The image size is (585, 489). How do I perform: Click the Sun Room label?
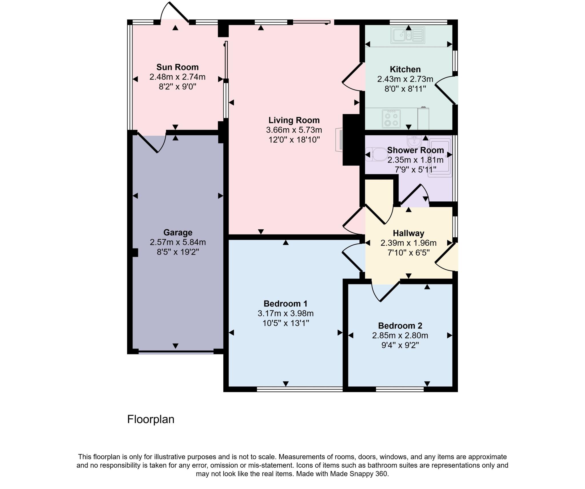177,67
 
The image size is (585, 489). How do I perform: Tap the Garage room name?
178,233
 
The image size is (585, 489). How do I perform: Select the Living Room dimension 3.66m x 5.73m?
294,130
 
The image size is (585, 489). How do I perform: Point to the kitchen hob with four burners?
391,119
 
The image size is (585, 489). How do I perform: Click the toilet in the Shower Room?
376,155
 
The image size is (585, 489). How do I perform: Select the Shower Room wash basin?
414,141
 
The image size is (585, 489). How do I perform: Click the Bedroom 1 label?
285,303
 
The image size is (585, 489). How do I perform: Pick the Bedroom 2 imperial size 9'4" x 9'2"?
400,345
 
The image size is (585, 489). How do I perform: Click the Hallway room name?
408,233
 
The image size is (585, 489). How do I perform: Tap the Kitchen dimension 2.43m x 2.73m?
405,79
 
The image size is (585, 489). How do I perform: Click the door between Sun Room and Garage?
151,142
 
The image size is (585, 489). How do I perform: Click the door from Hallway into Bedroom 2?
386,291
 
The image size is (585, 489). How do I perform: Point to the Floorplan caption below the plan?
151,419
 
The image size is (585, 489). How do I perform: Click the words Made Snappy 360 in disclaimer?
359,474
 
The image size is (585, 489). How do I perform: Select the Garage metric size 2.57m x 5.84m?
178,242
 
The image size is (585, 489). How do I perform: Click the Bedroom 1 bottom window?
299,389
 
